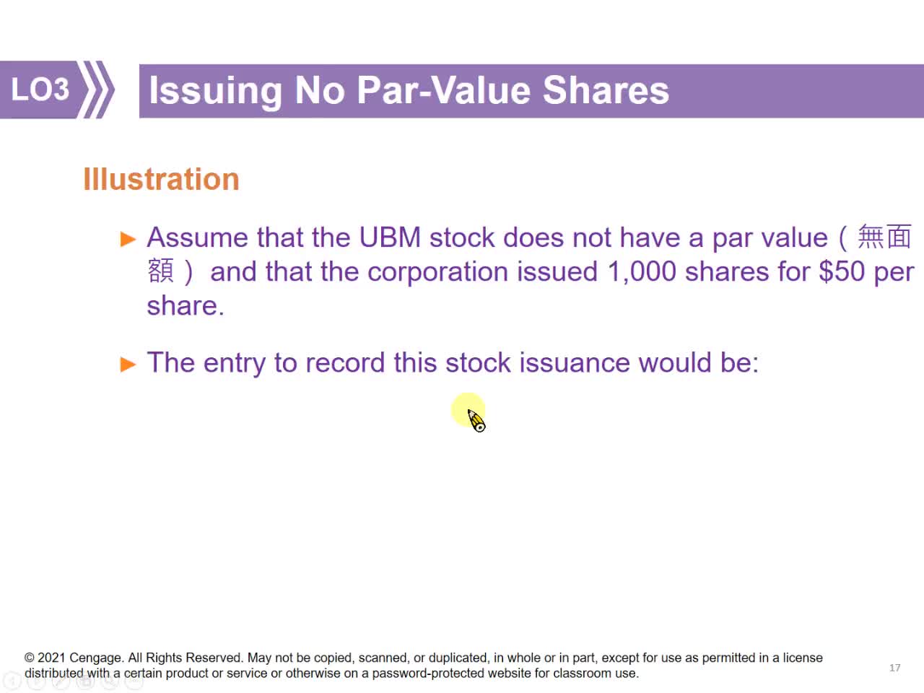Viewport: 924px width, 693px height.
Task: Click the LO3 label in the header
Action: click(40, 90)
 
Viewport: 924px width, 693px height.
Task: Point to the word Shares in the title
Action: click(606, 90)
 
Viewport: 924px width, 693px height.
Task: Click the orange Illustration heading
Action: click(161, 179)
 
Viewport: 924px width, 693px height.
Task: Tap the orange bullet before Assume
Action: click(128, 239)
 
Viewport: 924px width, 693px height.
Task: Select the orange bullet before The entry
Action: click(128, 365)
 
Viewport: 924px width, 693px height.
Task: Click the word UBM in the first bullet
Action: click(390, 237)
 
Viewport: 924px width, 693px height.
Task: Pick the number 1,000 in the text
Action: click(642, 272)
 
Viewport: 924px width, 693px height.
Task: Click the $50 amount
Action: click(841, 271)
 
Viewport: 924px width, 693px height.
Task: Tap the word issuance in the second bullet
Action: click(574, 362)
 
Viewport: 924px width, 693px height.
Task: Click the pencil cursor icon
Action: click(476, 420)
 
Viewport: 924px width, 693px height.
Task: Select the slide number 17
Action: click(894, 668)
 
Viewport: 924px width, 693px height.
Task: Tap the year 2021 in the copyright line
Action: click(51, 658)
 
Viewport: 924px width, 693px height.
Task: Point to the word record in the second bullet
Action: click(345, 362)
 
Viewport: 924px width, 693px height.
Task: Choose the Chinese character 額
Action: click(160, 271)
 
